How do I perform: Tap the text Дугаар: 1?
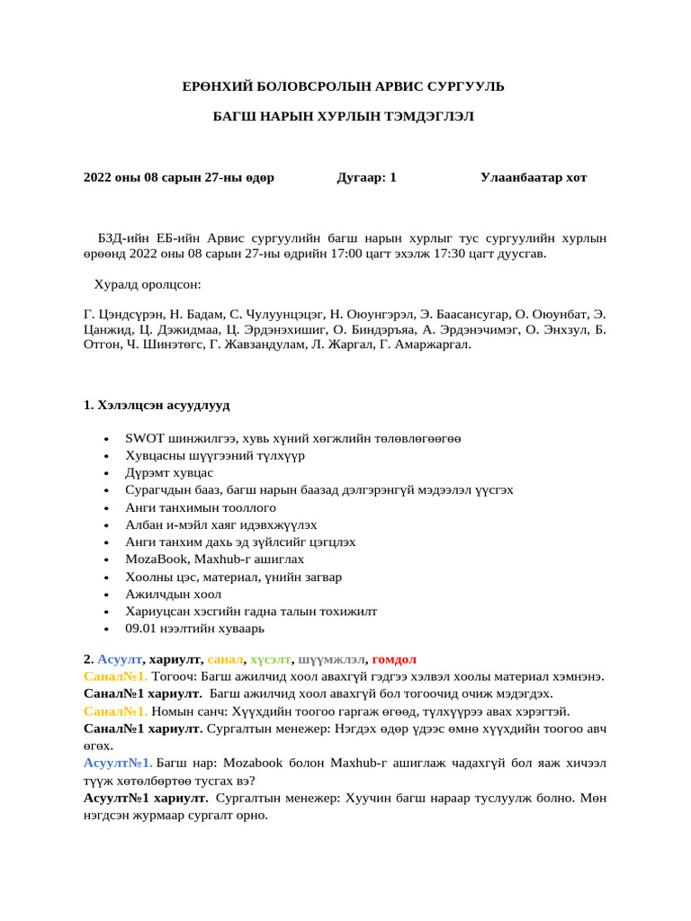click(366, 177)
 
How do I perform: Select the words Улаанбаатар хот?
click(534, 177)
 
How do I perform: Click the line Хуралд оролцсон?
click(148, 285)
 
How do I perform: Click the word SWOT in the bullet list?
click(142, 439)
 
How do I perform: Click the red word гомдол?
click(394, 659)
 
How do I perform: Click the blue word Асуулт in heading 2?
click(120, 659)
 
